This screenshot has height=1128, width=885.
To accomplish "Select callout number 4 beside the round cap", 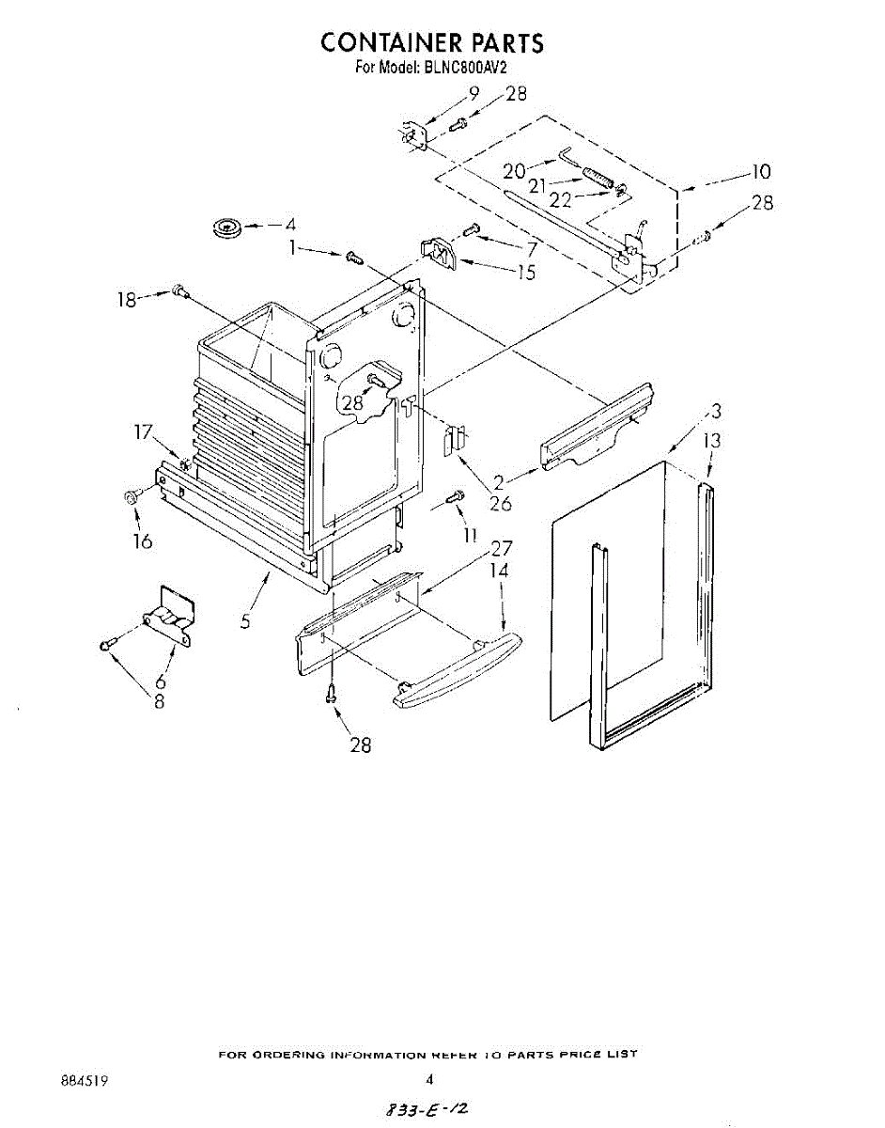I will pyautogui.click(x=290, y=225).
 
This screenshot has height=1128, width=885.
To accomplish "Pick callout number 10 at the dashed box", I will pyautogui.click(x=760, y=172).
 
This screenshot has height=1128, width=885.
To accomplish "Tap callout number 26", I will pyautogui.click(x=500, y=503).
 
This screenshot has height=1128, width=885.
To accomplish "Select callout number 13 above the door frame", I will pyautogui.click(x=713, y=441).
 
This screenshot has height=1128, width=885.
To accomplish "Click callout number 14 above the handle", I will pyautogui.click(x=499, y=571).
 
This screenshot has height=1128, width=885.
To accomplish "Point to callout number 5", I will pyautogui.click(x=245, y=622).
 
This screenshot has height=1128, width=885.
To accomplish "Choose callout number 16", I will pyautogui.click(x=143, y=542).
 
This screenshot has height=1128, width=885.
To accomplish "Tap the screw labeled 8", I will pyautogui.click(x=106, y=645).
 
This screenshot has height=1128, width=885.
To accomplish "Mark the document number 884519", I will pyautogui.click(x=85, y=1081).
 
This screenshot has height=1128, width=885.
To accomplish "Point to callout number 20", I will pyautogui.click(x=514, y=171).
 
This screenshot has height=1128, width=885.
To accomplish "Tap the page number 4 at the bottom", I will pyautogui.click(x=428, y=1080).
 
